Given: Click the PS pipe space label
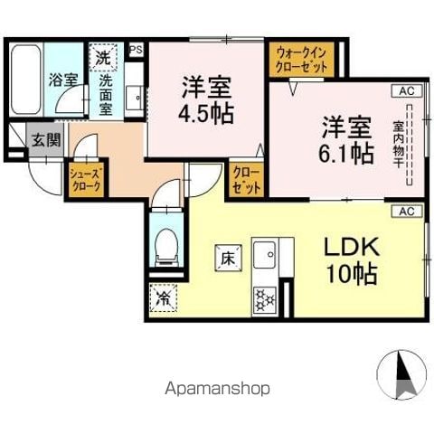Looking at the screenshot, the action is [x=136, y=50].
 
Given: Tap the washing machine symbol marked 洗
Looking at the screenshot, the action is [x=103, y=57].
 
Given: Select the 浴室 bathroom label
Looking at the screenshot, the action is [x=63, y=80].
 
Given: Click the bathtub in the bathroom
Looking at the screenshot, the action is [x=25, y=80].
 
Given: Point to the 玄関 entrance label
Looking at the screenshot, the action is [x=47, y=140].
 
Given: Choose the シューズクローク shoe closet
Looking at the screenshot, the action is [x=85, y=180].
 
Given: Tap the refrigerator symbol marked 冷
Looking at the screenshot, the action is [x=163, y=298].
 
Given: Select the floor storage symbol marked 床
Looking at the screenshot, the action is [x=228, y=258].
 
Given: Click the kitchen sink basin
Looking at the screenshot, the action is [x=264, y=254].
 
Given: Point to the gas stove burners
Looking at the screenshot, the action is [x=264, y=300].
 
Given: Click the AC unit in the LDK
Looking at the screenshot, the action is [x=407, y=212].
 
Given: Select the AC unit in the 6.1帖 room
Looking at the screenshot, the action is [x=407, y=91].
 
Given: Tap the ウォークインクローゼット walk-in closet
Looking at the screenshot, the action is [x=302, y=60].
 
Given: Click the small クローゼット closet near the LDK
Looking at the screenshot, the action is [x=246, y=180].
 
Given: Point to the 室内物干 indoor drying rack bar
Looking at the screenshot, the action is [x=410, y=145].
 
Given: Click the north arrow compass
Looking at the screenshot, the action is [x=402, y=374].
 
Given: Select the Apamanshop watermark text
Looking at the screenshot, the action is [x=217, y=389].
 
